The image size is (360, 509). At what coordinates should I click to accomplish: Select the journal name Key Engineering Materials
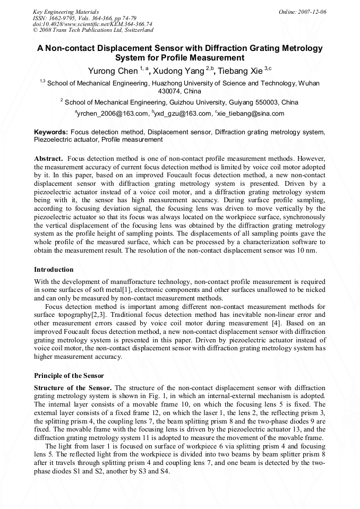(65, 12)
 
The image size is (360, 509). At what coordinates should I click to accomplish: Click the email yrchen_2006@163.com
(113, 114)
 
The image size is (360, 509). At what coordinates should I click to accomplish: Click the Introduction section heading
(54, 270)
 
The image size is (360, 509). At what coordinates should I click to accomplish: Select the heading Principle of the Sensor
(69, 375)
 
